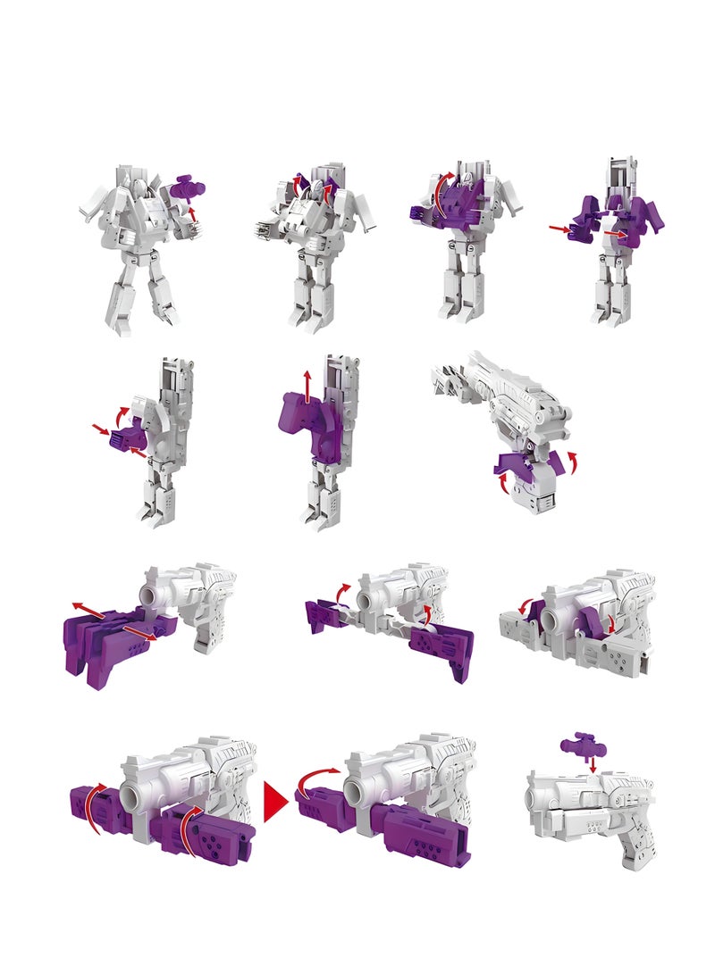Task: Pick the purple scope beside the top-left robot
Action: [x=188, y=187]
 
